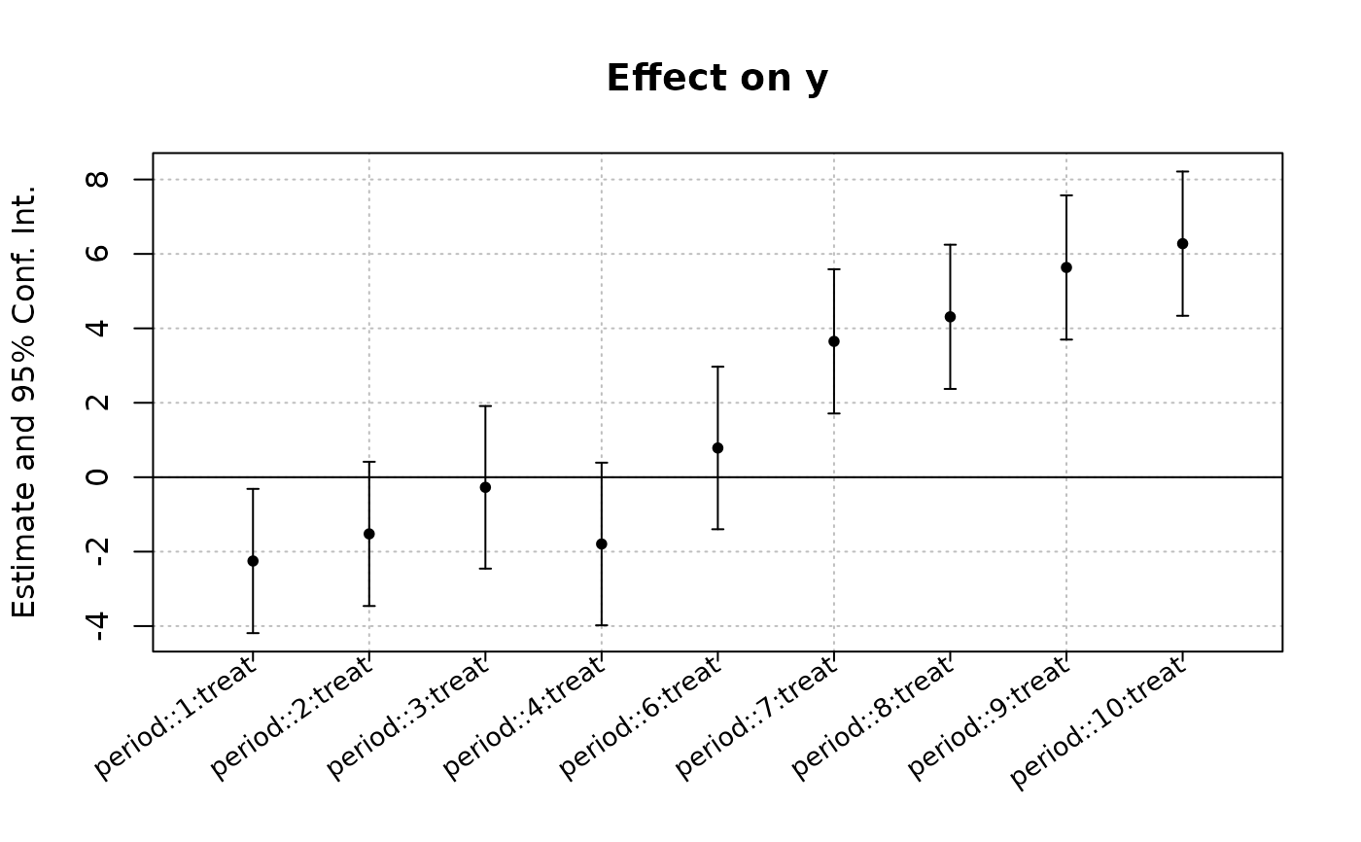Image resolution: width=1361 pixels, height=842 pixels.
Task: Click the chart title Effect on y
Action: click(x=717, y=79)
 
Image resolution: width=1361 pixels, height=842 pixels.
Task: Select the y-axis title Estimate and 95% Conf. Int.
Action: click(x=24, y=403)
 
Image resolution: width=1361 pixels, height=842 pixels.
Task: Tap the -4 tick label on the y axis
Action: click(x=97, y=626)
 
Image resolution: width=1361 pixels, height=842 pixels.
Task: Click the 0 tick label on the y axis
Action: click(x=97, y=476)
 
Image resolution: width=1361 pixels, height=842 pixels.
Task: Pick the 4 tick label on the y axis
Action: click(x=97, y=328)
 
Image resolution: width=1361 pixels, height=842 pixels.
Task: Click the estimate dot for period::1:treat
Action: click(x=253, y=561)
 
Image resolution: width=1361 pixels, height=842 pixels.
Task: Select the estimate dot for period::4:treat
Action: click(x=602, y=544)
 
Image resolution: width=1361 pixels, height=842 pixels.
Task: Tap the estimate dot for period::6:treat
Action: click(x=717, y=447)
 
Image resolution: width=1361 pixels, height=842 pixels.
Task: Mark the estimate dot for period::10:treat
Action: click(x=1182, y=244)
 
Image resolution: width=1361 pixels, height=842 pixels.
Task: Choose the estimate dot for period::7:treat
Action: click(x=834, y=341)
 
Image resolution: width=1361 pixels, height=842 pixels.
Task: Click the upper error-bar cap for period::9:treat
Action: click(x=1066, y=195)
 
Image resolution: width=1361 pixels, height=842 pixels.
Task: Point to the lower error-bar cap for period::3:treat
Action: click(x=485, y=569)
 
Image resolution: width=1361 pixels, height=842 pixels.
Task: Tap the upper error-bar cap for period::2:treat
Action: click(x=368, y=462)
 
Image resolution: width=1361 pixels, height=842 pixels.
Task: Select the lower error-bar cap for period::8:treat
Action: click(x=951, y=389)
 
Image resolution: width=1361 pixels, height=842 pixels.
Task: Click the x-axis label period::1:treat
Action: click(x=175, y=718)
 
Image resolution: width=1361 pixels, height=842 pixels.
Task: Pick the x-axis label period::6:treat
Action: click(x=640, y=718)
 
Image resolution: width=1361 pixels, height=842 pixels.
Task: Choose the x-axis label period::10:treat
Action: click(x=1098, y=722)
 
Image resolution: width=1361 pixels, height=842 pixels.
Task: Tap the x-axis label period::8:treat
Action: click(x=873, y=718)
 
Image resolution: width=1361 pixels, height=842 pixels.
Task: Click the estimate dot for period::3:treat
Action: click(x=485, y=487)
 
